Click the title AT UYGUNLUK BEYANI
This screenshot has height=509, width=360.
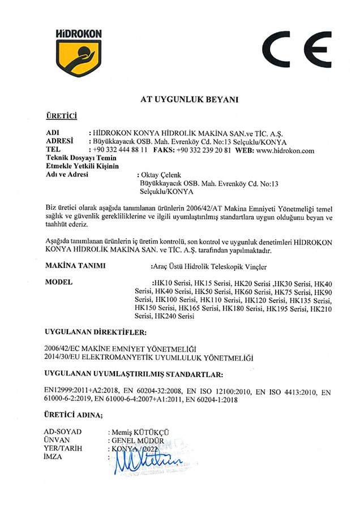point(181,100)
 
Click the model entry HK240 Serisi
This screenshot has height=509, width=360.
point(175,317)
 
